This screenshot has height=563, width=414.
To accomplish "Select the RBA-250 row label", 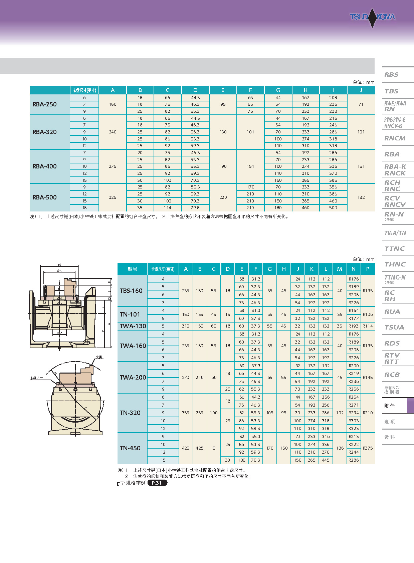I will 45,104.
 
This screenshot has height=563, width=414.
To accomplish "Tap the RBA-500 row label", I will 45,197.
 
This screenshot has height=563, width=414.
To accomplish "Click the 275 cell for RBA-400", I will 113,166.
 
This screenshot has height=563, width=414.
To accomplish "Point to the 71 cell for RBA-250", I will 361,104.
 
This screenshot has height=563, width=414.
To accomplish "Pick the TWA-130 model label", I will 133,326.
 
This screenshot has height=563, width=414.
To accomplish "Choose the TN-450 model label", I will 130,448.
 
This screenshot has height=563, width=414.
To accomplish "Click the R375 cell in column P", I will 368,448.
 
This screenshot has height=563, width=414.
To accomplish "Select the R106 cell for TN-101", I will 368,314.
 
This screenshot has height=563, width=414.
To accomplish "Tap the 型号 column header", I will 132,269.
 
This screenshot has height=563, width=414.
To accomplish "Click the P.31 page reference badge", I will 157,483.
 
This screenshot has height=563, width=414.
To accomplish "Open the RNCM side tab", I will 395,138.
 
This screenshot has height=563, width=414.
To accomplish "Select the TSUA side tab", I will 394,328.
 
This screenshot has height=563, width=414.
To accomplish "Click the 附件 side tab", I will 390,406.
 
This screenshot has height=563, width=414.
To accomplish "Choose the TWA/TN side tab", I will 395,233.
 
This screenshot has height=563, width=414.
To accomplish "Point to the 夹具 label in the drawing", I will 99,357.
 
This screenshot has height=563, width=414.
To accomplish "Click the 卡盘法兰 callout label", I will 36,378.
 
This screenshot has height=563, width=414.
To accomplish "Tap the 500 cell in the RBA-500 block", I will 333,208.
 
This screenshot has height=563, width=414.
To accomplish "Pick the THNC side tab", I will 395,264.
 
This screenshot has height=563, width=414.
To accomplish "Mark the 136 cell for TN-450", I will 340,448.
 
